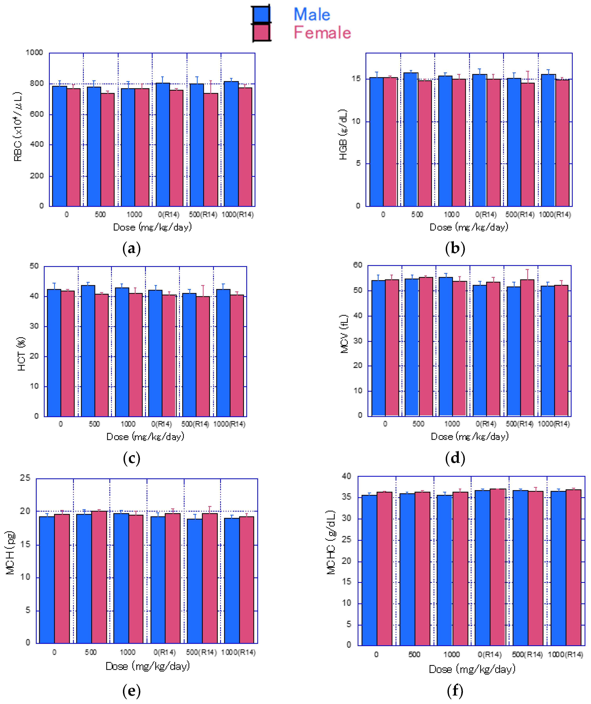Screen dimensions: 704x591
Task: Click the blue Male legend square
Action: point(261,14)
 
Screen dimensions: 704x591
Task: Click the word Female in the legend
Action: point(322,33)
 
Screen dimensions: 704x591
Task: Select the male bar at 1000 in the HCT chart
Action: point(122,352)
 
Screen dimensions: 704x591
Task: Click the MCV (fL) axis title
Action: point(344,334)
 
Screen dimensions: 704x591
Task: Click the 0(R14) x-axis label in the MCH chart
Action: point(165,652)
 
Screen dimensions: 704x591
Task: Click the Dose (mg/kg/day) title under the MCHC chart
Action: point(472,669)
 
